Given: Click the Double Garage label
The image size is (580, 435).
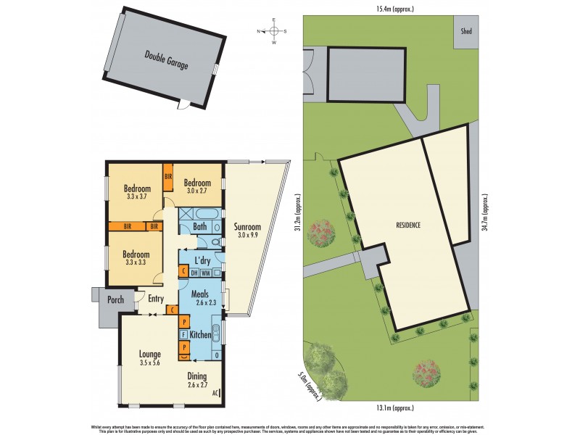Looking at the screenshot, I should tap(166, 59).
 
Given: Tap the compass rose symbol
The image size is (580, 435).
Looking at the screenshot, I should tap(274, 31).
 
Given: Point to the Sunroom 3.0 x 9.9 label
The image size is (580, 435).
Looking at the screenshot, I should tap(247, 230).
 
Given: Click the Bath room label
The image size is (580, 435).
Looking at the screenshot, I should tap(199, 227).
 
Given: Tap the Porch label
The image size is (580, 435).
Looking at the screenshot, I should tap(115, 299).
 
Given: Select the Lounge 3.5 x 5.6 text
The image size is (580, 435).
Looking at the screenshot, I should tap(150, 359).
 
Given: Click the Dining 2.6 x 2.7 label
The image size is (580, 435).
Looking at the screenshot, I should tap(197, 381).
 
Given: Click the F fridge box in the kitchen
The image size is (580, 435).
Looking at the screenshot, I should tap(184, 335).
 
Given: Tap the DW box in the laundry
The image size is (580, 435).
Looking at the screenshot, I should tap(194, 273).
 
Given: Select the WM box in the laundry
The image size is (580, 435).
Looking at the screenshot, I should tap(206, 273).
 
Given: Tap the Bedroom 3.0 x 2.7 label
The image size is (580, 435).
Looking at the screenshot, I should tap(197, 186).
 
